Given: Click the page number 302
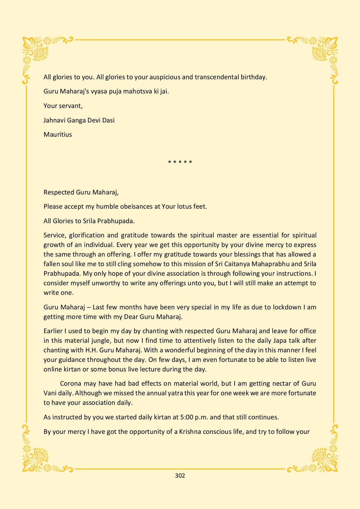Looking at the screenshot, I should [180, 476].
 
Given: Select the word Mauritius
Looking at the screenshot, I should [58, 135].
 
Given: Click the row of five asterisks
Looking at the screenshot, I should [180, 162].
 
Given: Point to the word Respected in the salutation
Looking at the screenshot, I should [59, 192].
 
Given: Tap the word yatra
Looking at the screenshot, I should [177, 393].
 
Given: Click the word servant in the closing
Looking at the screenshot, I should [71, 106].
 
